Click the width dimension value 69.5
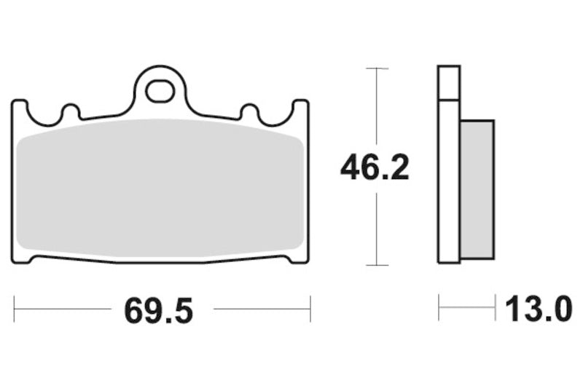point(159,311)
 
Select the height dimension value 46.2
point(375,168)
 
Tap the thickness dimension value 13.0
point(539,311)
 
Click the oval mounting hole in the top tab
point(160,91)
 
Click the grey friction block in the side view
point(477,189)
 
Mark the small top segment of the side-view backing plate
point(449,82)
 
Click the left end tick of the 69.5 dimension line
point(15,309)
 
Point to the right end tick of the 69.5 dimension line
point(310,309)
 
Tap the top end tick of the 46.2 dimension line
point(375,68)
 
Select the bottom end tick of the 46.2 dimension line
point(375,265)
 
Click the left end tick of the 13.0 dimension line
point(439,308)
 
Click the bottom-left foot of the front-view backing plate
point(23,258)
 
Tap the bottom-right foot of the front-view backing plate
point(298,258)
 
